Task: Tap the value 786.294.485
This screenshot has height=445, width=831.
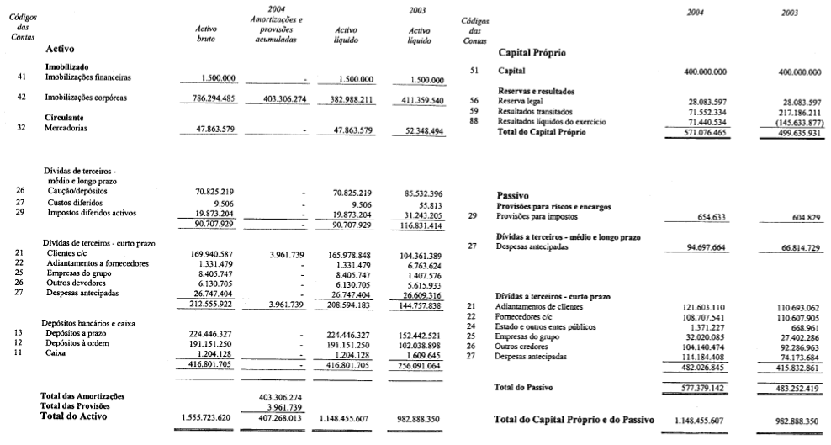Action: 214,98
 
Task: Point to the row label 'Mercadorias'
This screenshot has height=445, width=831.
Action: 70,129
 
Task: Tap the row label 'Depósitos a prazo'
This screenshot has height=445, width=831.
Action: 82,334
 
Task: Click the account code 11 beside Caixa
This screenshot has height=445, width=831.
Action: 19,354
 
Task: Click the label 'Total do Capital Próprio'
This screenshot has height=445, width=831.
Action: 550,131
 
